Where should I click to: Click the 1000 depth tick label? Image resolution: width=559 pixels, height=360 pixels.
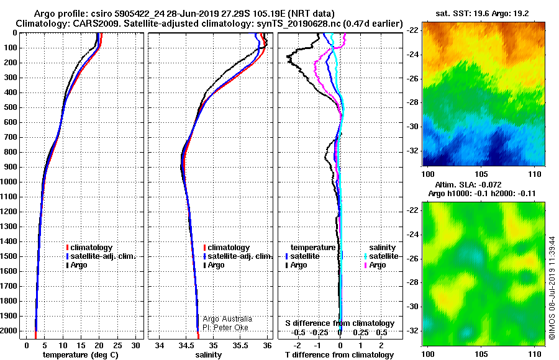9,182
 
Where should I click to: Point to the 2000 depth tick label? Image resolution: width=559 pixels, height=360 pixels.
9,331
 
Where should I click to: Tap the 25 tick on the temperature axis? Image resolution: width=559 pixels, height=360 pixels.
117,345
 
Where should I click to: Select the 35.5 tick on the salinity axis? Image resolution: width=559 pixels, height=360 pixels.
240,345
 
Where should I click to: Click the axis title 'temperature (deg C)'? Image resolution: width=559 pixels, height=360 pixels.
81,354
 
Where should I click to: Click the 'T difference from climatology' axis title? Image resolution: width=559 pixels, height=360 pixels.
339,354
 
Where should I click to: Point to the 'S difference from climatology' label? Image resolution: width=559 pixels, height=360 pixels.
340,323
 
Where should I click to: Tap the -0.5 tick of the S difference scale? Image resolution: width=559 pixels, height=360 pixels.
298,333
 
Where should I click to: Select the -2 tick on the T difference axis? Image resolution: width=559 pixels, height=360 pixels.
297,345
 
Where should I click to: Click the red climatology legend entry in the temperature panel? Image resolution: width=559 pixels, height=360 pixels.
89,248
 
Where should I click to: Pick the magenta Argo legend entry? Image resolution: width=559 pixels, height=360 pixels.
375,265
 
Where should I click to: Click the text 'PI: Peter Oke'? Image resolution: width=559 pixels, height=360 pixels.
225,328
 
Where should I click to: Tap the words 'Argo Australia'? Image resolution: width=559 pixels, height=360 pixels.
227,319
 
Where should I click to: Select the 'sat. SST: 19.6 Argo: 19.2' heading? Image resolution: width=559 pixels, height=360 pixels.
483,14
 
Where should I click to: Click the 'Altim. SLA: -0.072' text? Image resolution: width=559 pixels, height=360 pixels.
468,184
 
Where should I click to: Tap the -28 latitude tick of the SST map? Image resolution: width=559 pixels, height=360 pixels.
413,102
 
